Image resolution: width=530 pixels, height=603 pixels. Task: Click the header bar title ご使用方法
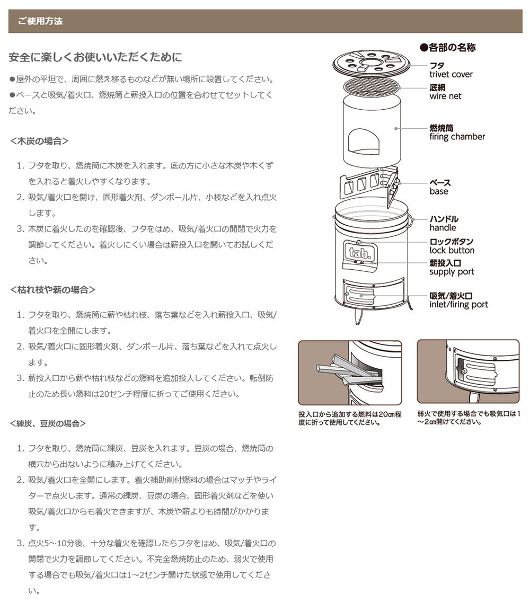(40, 21)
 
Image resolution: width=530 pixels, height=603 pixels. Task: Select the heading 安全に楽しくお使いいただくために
(95, 57)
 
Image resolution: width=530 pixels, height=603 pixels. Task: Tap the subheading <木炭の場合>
(39, 141)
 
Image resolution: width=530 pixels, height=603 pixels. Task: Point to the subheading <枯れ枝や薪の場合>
(52, 290)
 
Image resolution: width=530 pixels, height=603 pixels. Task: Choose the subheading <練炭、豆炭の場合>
(48, 423)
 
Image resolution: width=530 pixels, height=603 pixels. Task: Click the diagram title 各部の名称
(448, 47)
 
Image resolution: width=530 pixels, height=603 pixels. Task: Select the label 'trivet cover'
(451, 74)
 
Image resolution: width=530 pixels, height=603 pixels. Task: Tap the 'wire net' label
(445, 96)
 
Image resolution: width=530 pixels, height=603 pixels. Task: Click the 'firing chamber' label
(457, 137)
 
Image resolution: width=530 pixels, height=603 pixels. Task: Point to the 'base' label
(439, 191)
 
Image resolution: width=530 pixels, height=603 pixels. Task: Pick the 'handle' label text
(443, 228)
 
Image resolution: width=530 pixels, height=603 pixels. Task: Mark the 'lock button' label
(452, 250)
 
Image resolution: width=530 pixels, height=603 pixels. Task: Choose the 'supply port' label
(452, 272)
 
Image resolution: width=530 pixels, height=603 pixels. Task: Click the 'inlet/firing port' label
(458, 305)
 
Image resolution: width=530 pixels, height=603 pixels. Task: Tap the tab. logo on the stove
(360, 253)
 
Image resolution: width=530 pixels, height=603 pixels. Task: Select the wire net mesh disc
(372, 88)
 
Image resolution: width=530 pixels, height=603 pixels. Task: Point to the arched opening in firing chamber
(364, 141)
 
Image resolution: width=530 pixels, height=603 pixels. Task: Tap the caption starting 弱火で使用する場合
(469, 418)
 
